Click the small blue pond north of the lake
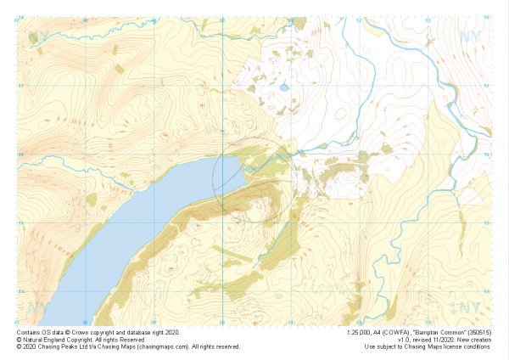pos(283,86)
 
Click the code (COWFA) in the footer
pos(398,333)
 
